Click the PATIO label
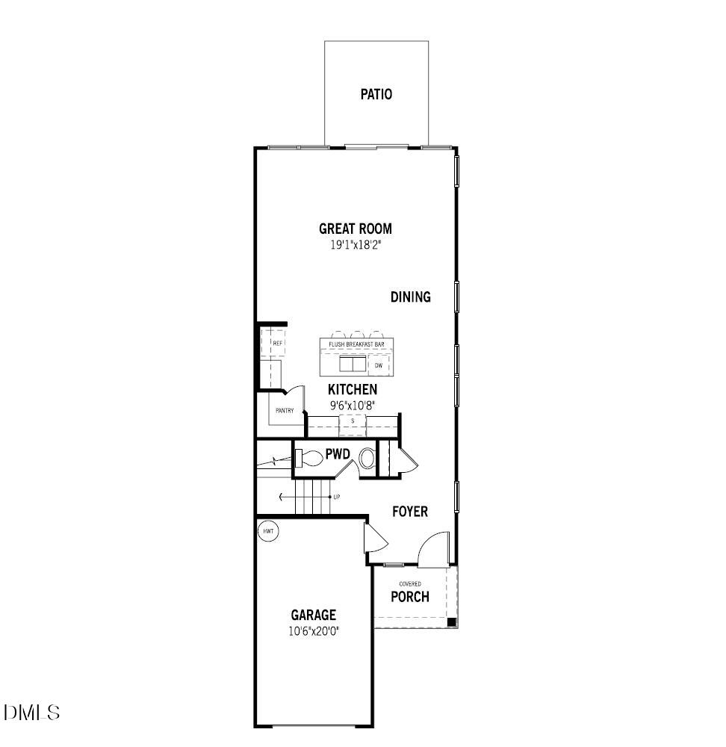tap(376, 95)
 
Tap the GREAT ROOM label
tap(356, 229)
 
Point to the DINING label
tap(411, 297)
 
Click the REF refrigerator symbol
tap(276, 343)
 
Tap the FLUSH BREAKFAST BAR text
tap(356, 344)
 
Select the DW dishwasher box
tap(379, 365)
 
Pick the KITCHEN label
tap(353, 390)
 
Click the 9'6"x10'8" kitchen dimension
tap(353, 405)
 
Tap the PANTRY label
tap(285, 410)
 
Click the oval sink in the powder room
tap(368, 459)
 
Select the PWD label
tap(338, 453)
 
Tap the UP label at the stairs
tap(337, 497)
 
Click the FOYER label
tap(411, 512)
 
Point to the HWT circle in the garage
tap(268, 531)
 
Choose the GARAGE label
tap(314, 616)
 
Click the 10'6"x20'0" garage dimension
tap(314, 630)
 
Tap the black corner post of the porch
tap(451, 622)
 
